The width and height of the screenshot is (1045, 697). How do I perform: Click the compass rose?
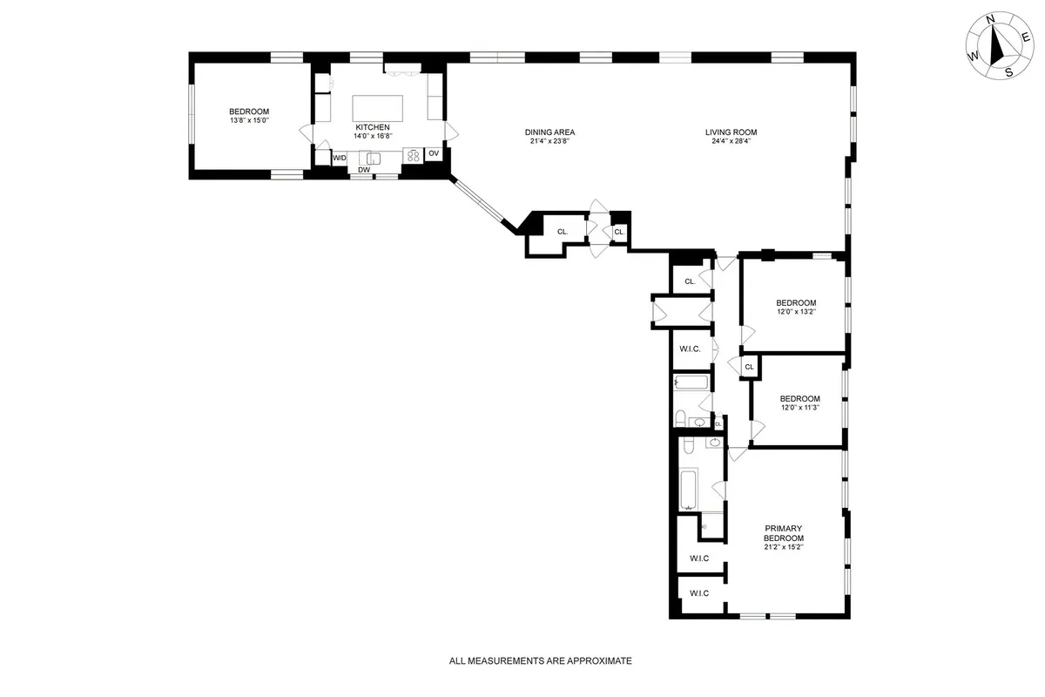click(1001, 48)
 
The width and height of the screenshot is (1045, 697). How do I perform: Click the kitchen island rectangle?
click(379, 108)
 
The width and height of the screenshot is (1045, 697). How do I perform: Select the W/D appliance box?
click(340, 158)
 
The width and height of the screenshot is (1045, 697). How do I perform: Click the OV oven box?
click(433, 154)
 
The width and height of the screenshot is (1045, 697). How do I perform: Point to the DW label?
click(364, 171)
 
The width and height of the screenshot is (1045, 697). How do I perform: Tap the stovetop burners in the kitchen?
click(411, 156)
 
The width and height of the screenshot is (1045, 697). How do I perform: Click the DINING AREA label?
click(549, 132)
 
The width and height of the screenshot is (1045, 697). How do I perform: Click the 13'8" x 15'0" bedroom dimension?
click(249, 120)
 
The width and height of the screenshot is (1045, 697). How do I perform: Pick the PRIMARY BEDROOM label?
click(783, 533)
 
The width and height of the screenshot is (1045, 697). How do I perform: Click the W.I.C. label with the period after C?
click(690, 349)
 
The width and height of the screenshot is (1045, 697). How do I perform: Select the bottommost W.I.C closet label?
click(699, 593)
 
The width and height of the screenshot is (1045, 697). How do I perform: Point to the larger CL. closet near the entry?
click(562, 232)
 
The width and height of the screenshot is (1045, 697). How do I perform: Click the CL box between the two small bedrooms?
click(749, 367)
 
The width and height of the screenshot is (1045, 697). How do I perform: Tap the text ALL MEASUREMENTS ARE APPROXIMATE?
click(540, 661)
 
